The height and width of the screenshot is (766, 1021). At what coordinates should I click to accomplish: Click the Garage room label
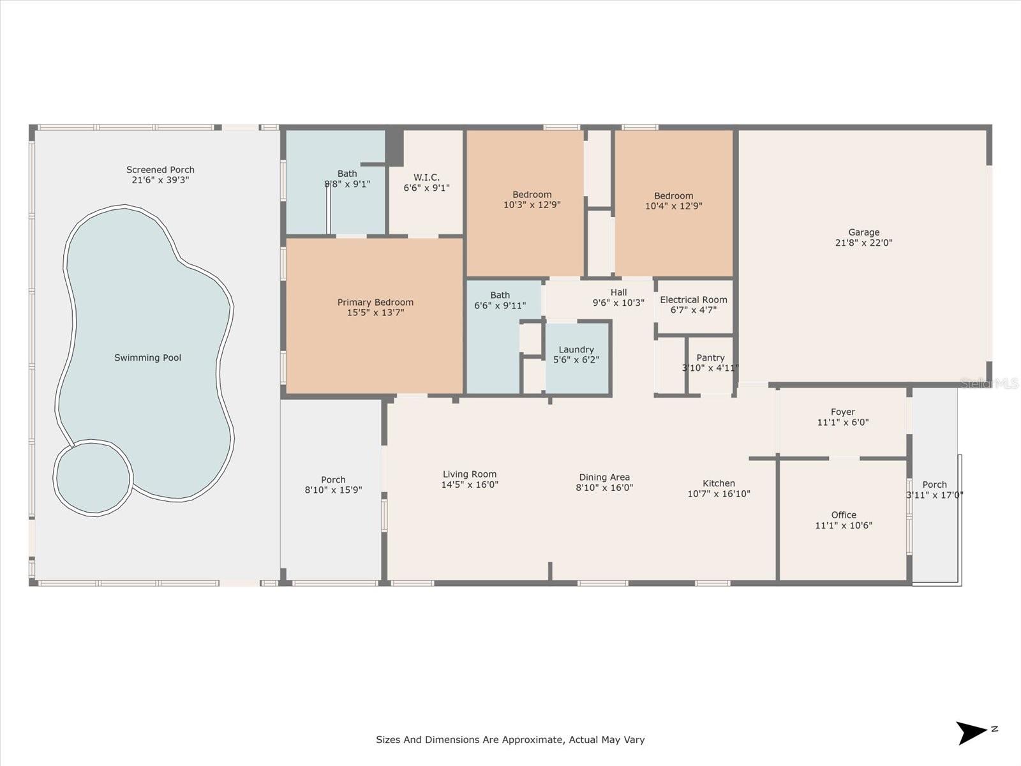(863, 232)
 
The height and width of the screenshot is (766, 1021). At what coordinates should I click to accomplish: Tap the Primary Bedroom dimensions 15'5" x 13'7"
(375, 313)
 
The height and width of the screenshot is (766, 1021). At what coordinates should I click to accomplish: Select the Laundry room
(577, 358)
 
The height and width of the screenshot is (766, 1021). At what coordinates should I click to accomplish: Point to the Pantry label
(710, 358)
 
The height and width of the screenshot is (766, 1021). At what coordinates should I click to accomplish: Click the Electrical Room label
(694, 299)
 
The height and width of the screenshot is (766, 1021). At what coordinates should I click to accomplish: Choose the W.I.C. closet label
(426, 177)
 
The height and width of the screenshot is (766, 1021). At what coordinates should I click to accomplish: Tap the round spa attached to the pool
(93, 477)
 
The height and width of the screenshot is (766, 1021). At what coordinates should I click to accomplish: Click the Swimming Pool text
(147, 357)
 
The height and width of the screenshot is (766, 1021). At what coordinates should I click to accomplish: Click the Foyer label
(842, 412)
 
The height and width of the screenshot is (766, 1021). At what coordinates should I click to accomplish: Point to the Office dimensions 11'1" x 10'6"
(843, 525)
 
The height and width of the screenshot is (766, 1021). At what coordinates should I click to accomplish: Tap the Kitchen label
(719, 483)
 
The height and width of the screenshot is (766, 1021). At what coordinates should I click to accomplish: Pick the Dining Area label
(604, 477)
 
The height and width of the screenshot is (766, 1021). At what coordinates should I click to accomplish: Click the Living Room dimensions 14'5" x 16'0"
(470, 484)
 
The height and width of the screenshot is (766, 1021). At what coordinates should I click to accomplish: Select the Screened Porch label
(160, 170)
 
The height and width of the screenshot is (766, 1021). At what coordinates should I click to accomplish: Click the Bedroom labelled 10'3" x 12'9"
(532, 200)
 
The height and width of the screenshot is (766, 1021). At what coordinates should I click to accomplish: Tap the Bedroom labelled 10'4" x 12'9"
(673, 201)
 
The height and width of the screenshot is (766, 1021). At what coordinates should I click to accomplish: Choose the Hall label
(618, 292)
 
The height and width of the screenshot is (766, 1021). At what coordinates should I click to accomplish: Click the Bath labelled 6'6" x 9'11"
(500, 300)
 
